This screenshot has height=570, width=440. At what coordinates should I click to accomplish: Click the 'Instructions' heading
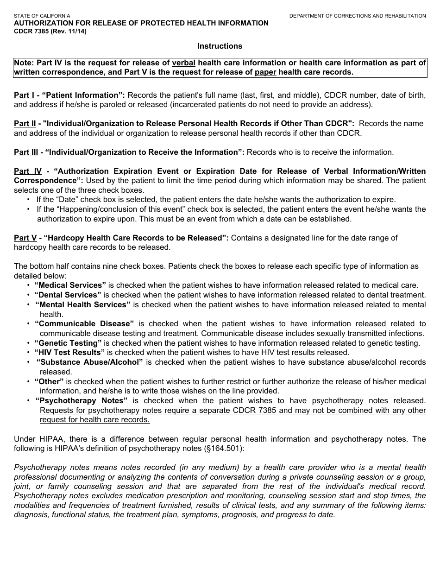pyautogui.click(x=220, y=46)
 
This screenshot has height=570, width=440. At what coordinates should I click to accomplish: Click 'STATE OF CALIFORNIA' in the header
pyautogui.click(x=42, y=16)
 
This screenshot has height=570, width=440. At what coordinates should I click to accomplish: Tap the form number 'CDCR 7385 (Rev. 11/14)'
pyautogui.click(x=50, y=31)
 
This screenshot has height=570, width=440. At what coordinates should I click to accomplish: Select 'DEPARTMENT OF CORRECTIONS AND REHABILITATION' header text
pyautogui.click(x=358, y=16)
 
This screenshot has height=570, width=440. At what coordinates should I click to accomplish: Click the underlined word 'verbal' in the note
pyautogui.click(x=183, y=63)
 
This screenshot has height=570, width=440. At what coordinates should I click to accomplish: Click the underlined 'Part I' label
pyautogui.click(x=24, y=95)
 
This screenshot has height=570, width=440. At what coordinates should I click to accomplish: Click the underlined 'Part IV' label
pyautogui.click(x=28, y=171)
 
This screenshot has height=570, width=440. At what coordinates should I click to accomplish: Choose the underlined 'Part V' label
pyautogui.click(x=25, y=238)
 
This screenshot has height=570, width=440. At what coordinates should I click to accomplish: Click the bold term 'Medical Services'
pyautogui.click(x=70, y=285)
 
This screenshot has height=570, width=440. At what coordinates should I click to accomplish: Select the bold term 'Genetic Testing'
pyautogui.click(x=68, y=343)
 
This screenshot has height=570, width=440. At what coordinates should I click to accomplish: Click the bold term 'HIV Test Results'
pyautogui.click(x=69, y=352)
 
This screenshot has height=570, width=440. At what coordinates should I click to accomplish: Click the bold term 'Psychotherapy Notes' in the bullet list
pyautogui.click(x=82, y=400)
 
